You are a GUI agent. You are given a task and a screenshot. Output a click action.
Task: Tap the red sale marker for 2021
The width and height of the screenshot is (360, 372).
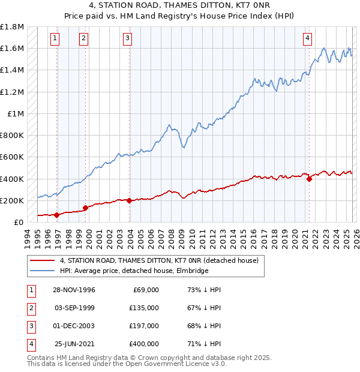click(x=310, y=178)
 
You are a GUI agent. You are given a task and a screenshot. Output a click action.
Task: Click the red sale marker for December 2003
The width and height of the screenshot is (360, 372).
click(x=130, y=200)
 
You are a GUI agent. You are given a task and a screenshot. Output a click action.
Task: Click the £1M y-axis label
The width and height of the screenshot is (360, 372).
click(x=16, y=113)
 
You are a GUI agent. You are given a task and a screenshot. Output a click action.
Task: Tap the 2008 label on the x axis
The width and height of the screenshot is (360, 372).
click(x=172, y=236)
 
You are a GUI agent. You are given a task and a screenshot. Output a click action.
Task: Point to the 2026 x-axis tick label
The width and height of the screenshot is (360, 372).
click(x=356, y=236)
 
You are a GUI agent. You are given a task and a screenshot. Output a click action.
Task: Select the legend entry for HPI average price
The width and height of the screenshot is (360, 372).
click(x=133, y=271)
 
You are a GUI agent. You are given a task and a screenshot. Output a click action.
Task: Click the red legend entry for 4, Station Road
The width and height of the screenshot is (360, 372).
click(x=158, y=261)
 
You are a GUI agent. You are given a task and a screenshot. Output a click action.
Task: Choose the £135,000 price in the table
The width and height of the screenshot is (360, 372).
click(x=145, y=308)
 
